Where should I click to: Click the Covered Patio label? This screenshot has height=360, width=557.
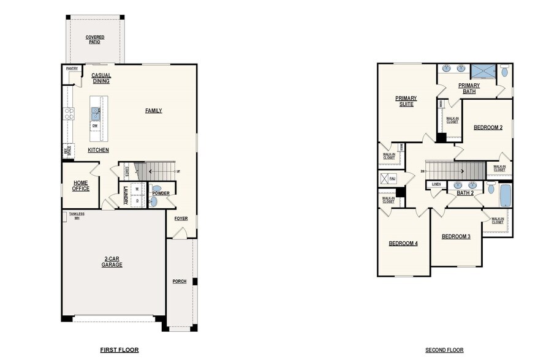click(95, 39)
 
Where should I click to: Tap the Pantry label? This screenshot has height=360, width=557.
click(72, 69)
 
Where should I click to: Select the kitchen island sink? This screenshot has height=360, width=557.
click(96, 112)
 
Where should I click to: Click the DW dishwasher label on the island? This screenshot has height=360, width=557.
click(95, 126)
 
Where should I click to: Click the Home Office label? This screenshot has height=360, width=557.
click(80, 186)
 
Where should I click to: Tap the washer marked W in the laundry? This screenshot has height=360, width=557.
click(137, 189)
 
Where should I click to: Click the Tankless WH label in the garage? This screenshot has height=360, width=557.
click(77, 216)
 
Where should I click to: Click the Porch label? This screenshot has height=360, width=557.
click(179, 282)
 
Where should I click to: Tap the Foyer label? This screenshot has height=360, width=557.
click(181, 219)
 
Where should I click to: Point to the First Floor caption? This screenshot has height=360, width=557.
click(119, 350)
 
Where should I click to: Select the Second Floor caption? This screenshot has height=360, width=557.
click(444, 350)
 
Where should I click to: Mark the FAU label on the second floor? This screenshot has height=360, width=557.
click(393, 178)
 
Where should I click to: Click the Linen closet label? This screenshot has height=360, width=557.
click(436, 184)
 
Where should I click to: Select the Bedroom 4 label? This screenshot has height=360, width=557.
click(403, 243)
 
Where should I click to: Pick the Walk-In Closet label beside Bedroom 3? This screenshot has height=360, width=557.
click(497, 220)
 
